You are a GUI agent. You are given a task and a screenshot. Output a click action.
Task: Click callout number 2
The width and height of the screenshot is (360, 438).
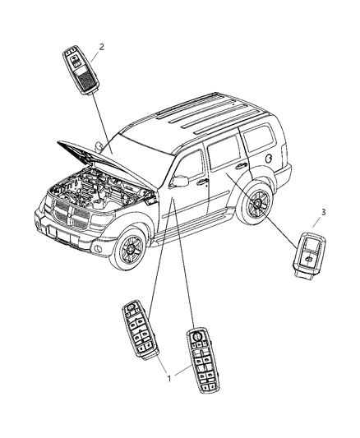click(x=102, y=46)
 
